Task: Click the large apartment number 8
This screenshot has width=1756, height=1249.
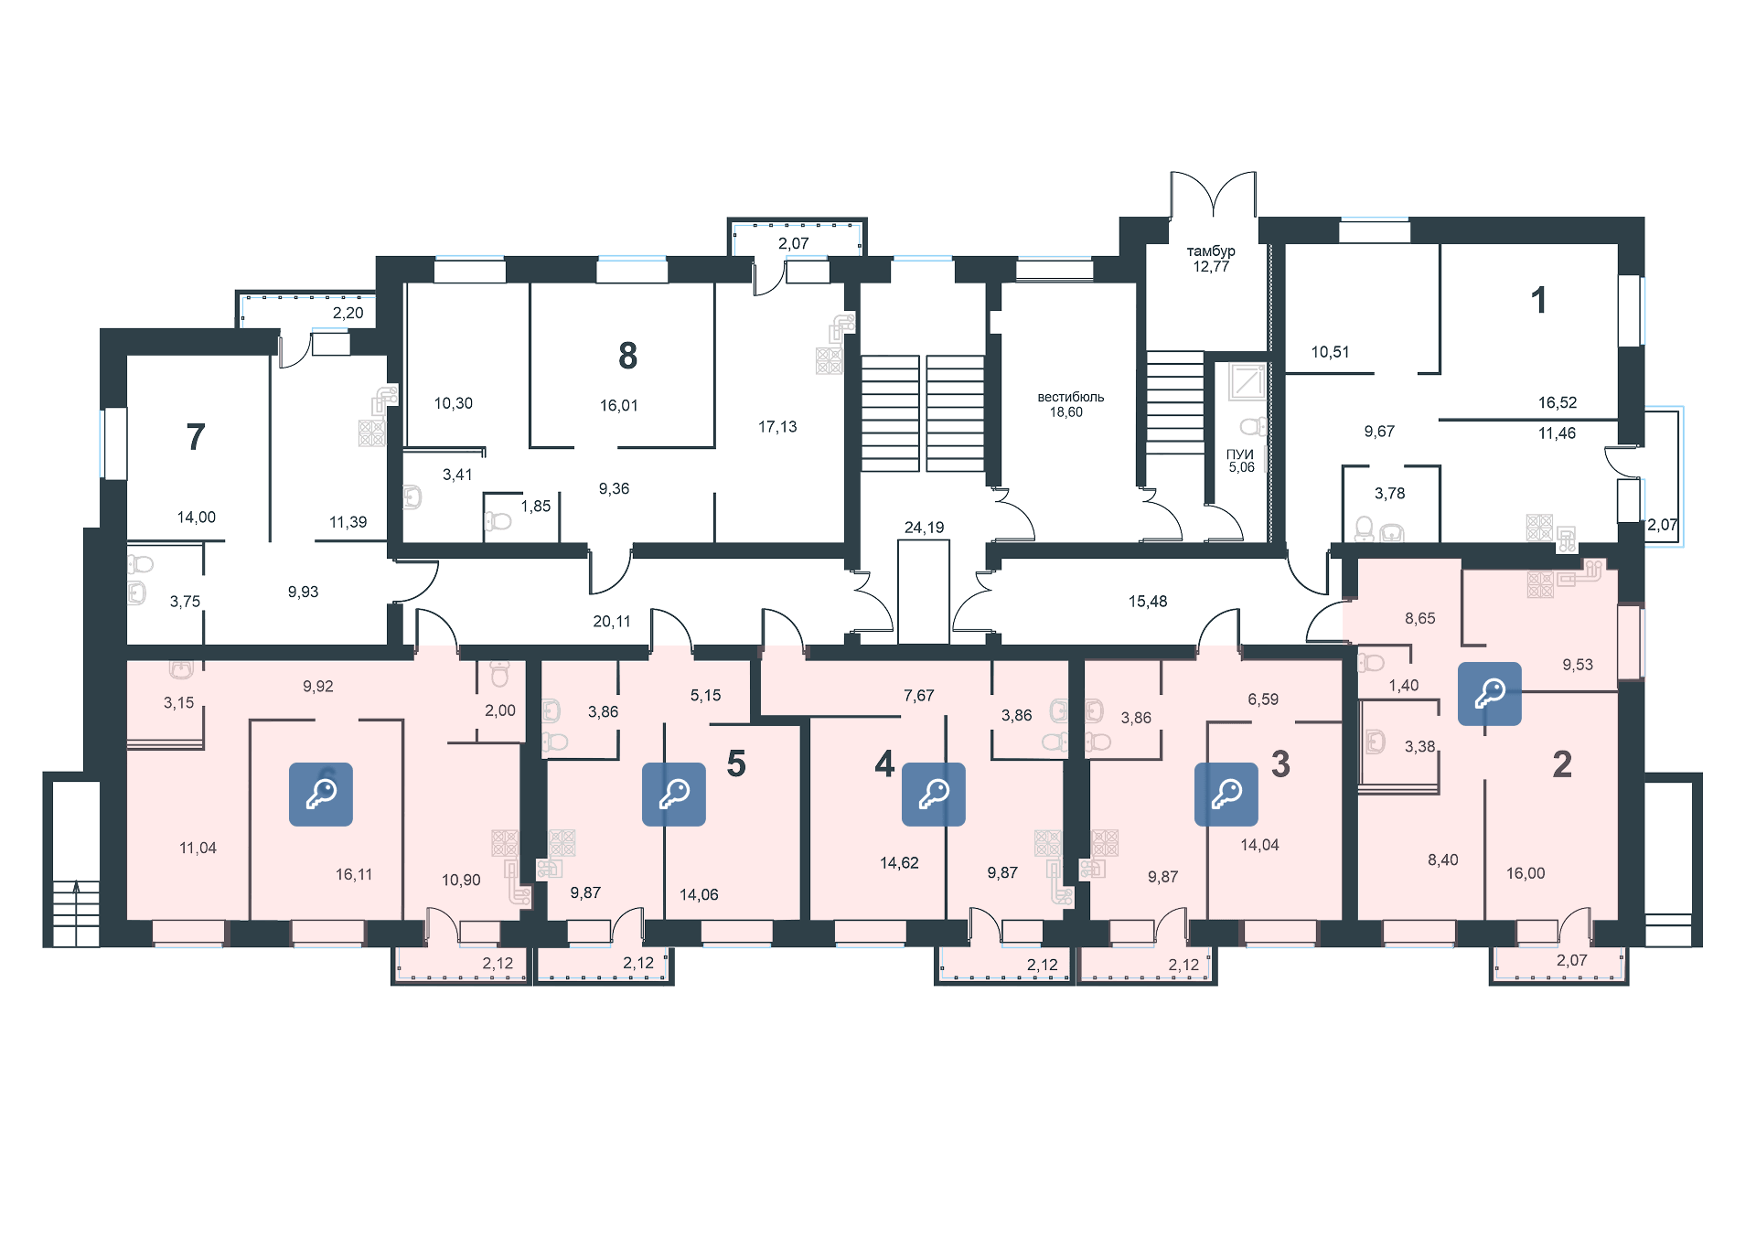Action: click(627, 356)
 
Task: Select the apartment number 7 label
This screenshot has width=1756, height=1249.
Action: click(196, 437)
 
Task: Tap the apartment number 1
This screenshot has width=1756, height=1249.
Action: click(1539, 300)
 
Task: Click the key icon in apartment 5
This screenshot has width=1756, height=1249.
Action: click(674, 795)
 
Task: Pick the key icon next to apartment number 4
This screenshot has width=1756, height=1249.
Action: click(934, 795)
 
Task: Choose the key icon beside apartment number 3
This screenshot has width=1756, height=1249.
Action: click(1226, 795)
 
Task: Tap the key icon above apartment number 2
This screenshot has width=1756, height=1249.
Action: click(1490, 694)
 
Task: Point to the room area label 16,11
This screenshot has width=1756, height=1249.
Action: click(354, 875)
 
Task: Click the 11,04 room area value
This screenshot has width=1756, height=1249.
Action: click(198, 849)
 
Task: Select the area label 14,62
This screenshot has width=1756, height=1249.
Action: click(899, 863)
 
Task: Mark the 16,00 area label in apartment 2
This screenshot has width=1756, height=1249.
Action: click(1526, 874)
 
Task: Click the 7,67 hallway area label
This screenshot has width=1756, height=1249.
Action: click(919, 696)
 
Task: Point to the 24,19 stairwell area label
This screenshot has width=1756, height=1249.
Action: click(924, 528)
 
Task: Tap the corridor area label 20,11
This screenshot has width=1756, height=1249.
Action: click(612, 622)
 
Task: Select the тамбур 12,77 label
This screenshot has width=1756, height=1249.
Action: click(1211, 260)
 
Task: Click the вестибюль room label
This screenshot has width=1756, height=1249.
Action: click(1070, 398)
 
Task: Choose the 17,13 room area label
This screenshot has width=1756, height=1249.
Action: click(778, 427)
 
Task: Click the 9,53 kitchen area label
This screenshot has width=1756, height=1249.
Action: click(1578, 665)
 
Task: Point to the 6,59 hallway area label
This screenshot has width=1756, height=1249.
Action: click(1263, 699)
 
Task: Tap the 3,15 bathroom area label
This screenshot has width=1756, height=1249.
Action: click(179, 703)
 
